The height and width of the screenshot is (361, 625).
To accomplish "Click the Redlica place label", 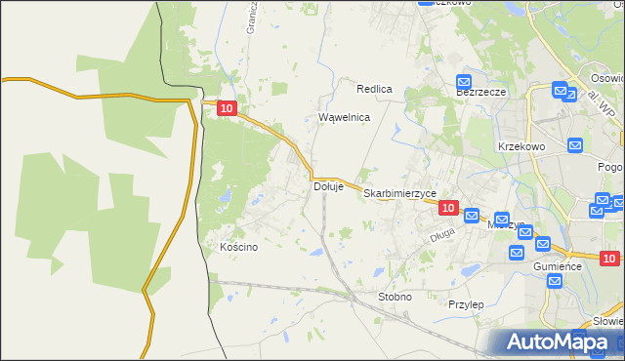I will pos(374,89).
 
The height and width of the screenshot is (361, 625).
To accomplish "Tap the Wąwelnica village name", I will pos(345,117).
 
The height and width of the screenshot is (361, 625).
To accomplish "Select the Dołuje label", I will pos(328,186).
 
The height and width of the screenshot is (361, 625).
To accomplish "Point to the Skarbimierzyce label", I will pos(399,194).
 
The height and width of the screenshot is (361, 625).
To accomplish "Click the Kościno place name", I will pos(239,248).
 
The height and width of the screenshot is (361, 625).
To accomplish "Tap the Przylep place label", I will pos(466,304).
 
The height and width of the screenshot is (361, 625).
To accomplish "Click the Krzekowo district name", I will pos(521,145).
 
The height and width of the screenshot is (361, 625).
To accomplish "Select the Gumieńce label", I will pos(558,265).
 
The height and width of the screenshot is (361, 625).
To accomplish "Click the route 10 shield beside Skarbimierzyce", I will pos(448,208).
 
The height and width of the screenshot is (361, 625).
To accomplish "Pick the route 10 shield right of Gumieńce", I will pos(609,259).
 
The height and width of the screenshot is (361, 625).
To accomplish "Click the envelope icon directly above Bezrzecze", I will pos(464,83).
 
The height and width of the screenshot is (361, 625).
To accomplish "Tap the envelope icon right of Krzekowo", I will pos(575,145).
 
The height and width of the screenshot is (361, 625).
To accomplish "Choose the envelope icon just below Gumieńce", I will pos(555,282).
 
